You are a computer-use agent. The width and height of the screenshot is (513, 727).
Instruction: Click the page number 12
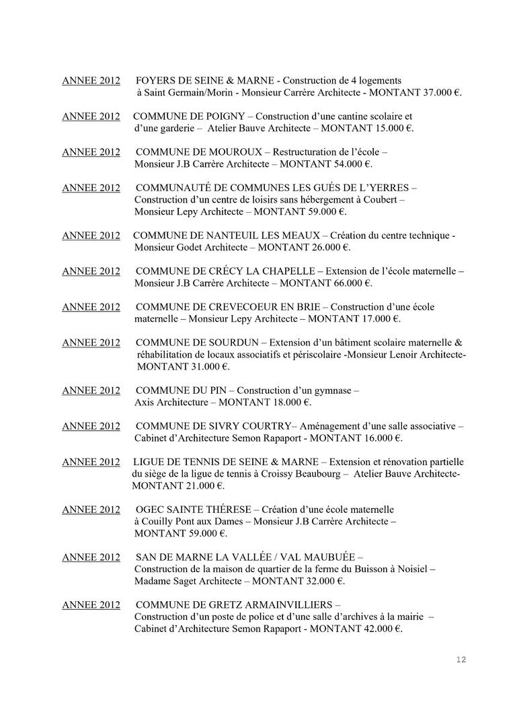(x=461, y=660)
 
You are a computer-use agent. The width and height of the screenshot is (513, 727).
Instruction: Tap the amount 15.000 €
(x=394, y=128)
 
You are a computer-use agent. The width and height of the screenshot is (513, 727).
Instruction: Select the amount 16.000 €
(x=383, y=438)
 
